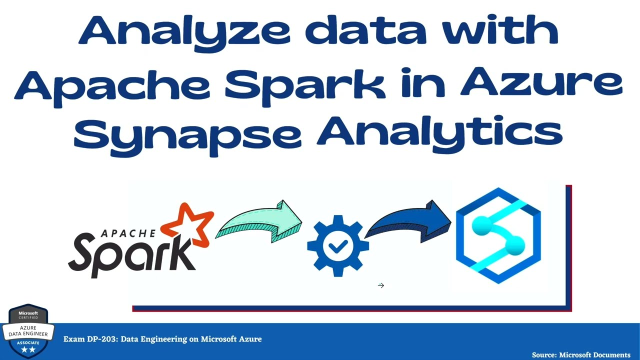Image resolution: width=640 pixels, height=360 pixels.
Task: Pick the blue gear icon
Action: tap(338, 245)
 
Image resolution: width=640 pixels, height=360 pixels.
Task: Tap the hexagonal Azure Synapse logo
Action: tap(498, 235)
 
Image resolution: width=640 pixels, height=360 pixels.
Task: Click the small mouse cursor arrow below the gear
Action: tap(381, 285)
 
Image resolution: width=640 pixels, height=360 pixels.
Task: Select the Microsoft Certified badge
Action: tap(28, 330)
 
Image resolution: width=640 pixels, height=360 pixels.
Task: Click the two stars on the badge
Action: tap(28, 350)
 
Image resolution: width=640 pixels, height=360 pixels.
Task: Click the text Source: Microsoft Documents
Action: tap(581, 354)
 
